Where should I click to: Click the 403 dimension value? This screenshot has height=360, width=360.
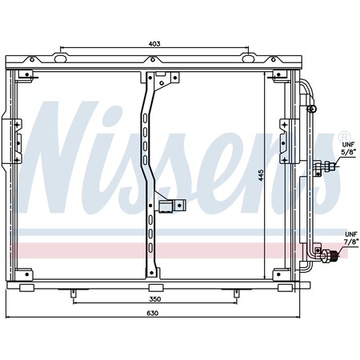pos(154,43)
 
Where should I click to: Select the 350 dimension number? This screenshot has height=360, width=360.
pos(155,299)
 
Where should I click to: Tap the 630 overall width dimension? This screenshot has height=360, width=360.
pos(153,313)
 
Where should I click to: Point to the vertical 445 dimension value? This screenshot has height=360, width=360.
pos(261,175)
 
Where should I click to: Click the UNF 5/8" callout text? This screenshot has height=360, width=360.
pos(349,149)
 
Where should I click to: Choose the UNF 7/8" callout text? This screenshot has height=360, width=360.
pos(351,238)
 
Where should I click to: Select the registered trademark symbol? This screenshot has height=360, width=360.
pos(344,136)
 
